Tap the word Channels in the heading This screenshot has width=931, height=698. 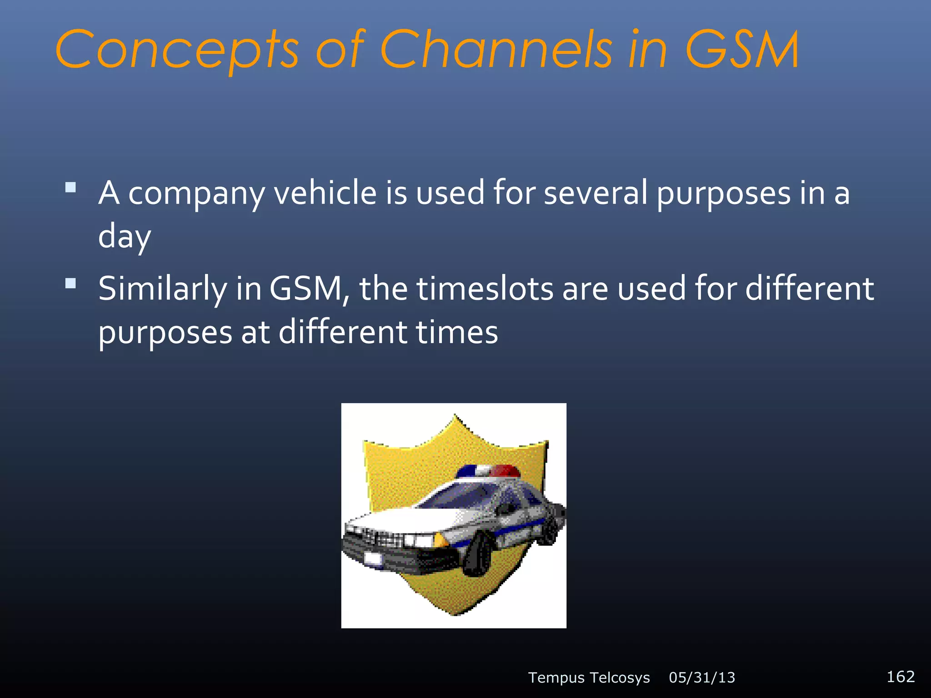496,49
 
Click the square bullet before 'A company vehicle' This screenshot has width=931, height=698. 70,187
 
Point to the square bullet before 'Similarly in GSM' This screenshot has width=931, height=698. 70,284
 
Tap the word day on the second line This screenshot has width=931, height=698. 124,236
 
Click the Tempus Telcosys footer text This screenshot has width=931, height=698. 589,678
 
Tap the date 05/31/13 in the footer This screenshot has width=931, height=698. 702,678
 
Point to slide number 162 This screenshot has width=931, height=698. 901,677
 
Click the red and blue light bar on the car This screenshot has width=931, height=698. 488,471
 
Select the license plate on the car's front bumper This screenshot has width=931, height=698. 374,558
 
